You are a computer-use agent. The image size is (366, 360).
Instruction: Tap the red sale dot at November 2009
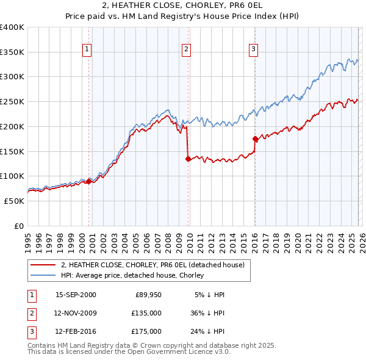(188, 159)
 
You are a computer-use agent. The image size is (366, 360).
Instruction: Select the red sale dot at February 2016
(255, 139)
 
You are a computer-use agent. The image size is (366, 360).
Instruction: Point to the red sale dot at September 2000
(89, 181)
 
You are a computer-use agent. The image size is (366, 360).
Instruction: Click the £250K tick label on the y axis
(12, 101)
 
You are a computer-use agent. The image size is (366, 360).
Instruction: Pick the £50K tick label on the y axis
(14, 201)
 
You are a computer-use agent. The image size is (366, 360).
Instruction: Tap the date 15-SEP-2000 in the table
(76, 295)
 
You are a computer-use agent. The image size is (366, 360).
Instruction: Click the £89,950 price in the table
(148, 295)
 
